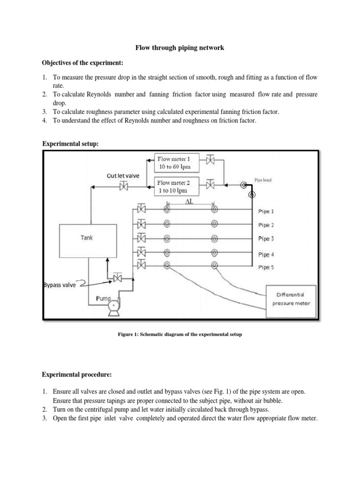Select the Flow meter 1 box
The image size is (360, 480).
pyautogui.click(x=177, y=162)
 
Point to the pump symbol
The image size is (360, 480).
pyautogui.click(x=112, y=306)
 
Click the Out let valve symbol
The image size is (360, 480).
pyautogui.click(x=124, y=187)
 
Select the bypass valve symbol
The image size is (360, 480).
pyautogui.click(x=117, y=278)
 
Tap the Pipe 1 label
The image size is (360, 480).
pyautogui.click(x=266, y=211)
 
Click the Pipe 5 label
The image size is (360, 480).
pyautogui.click(x=266, y=267)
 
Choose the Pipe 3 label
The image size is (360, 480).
pyautogui.click(x=266, y=239)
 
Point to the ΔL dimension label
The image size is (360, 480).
pyautogui.click(x=190, y=201)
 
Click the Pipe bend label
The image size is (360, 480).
pyautogui.click(x=263, y=180)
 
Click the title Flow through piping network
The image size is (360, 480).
pyautogui.click(x=180, y=47)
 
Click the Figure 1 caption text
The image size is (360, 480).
pyautogui.click(x=180, y=334)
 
